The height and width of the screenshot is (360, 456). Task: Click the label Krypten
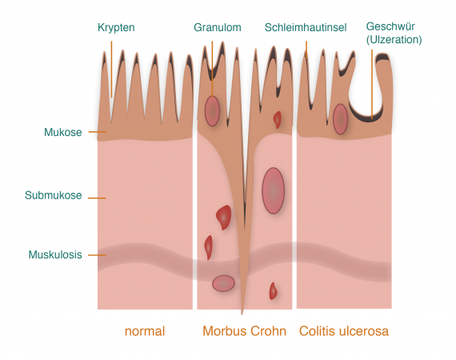tap(116, 28)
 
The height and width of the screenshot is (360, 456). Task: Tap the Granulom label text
tap(218, 27)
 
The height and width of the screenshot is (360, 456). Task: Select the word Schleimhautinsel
tap(306, 27)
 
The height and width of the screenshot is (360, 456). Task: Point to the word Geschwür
tap(390, 26)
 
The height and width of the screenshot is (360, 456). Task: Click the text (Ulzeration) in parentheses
tap(394, 39)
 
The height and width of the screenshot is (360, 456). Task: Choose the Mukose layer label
tap(63, 132)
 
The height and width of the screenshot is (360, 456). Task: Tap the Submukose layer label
tap(54, 195)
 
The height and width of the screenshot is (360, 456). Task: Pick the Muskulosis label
tap(55, 254)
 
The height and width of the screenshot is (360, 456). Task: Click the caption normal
tap(145, 331)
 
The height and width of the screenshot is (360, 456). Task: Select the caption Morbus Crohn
tap(244, 331)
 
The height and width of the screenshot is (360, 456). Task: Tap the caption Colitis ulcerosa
tap(344, 331)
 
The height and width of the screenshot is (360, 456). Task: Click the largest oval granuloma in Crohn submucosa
tap(273, 190)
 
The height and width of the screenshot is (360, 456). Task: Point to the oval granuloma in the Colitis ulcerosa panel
tap(340, 119)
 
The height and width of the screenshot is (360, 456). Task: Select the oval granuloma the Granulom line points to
tap(212, 111)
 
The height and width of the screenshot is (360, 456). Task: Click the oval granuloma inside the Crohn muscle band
tap(223, 283)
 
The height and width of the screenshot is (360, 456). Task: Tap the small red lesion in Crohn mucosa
tap(278, 119)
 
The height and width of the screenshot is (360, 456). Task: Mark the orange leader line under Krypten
tap(111, 70)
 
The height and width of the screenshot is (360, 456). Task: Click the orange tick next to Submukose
tap(97, 198)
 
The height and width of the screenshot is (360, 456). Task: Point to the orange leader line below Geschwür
tap(372, 84)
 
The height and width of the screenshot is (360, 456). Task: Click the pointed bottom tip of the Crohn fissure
tap(242, 314)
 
